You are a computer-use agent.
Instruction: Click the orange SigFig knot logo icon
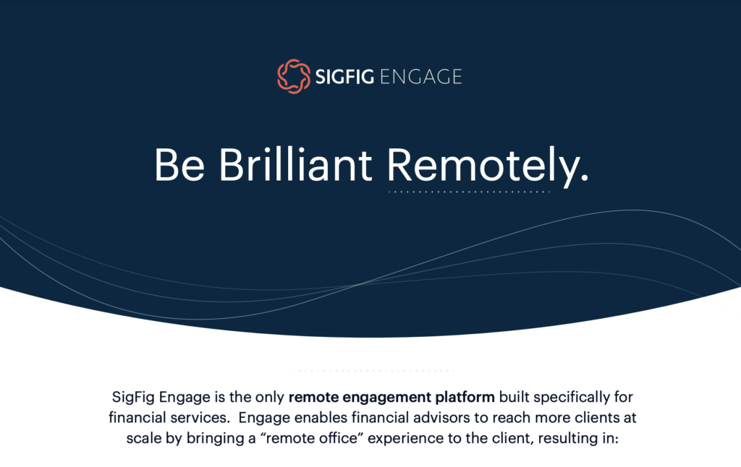click(x=293, y=77)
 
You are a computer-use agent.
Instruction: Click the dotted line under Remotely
click(x=469, y=192)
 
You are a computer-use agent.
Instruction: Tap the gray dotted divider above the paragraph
click(x=373, y=371)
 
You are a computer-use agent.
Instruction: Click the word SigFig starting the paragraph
click(x=134, y=398)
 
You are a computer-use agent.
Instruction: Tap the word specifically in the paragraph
click(x=571, y=398)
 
